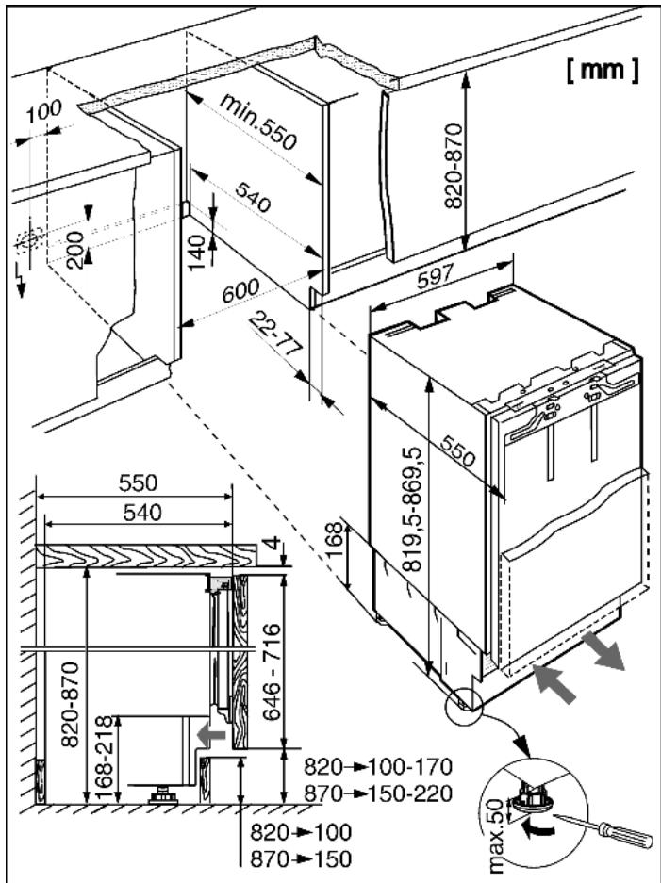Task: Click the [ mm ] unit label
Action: tap(603, 70)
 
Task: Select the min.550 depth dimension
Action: tap(257, 122)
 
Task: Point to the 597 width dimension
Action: tap(435, 276)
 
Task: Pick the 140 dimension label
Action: tap(195, 253)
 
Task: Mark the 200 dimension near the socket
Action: tap(74, 250)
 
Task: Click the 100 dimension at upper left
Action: tap(44, 111)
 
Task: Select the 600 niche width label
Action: tap(240, 290)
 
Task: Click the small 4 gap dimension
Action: tap(273, 545)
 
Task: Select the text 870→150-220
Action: tap(378, 793)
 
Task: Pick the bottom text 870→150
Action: tap(301, 858)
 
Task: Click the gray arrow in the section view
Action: tap(211, 735)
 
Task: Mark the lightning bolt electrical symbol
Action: tap(21, 278)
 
